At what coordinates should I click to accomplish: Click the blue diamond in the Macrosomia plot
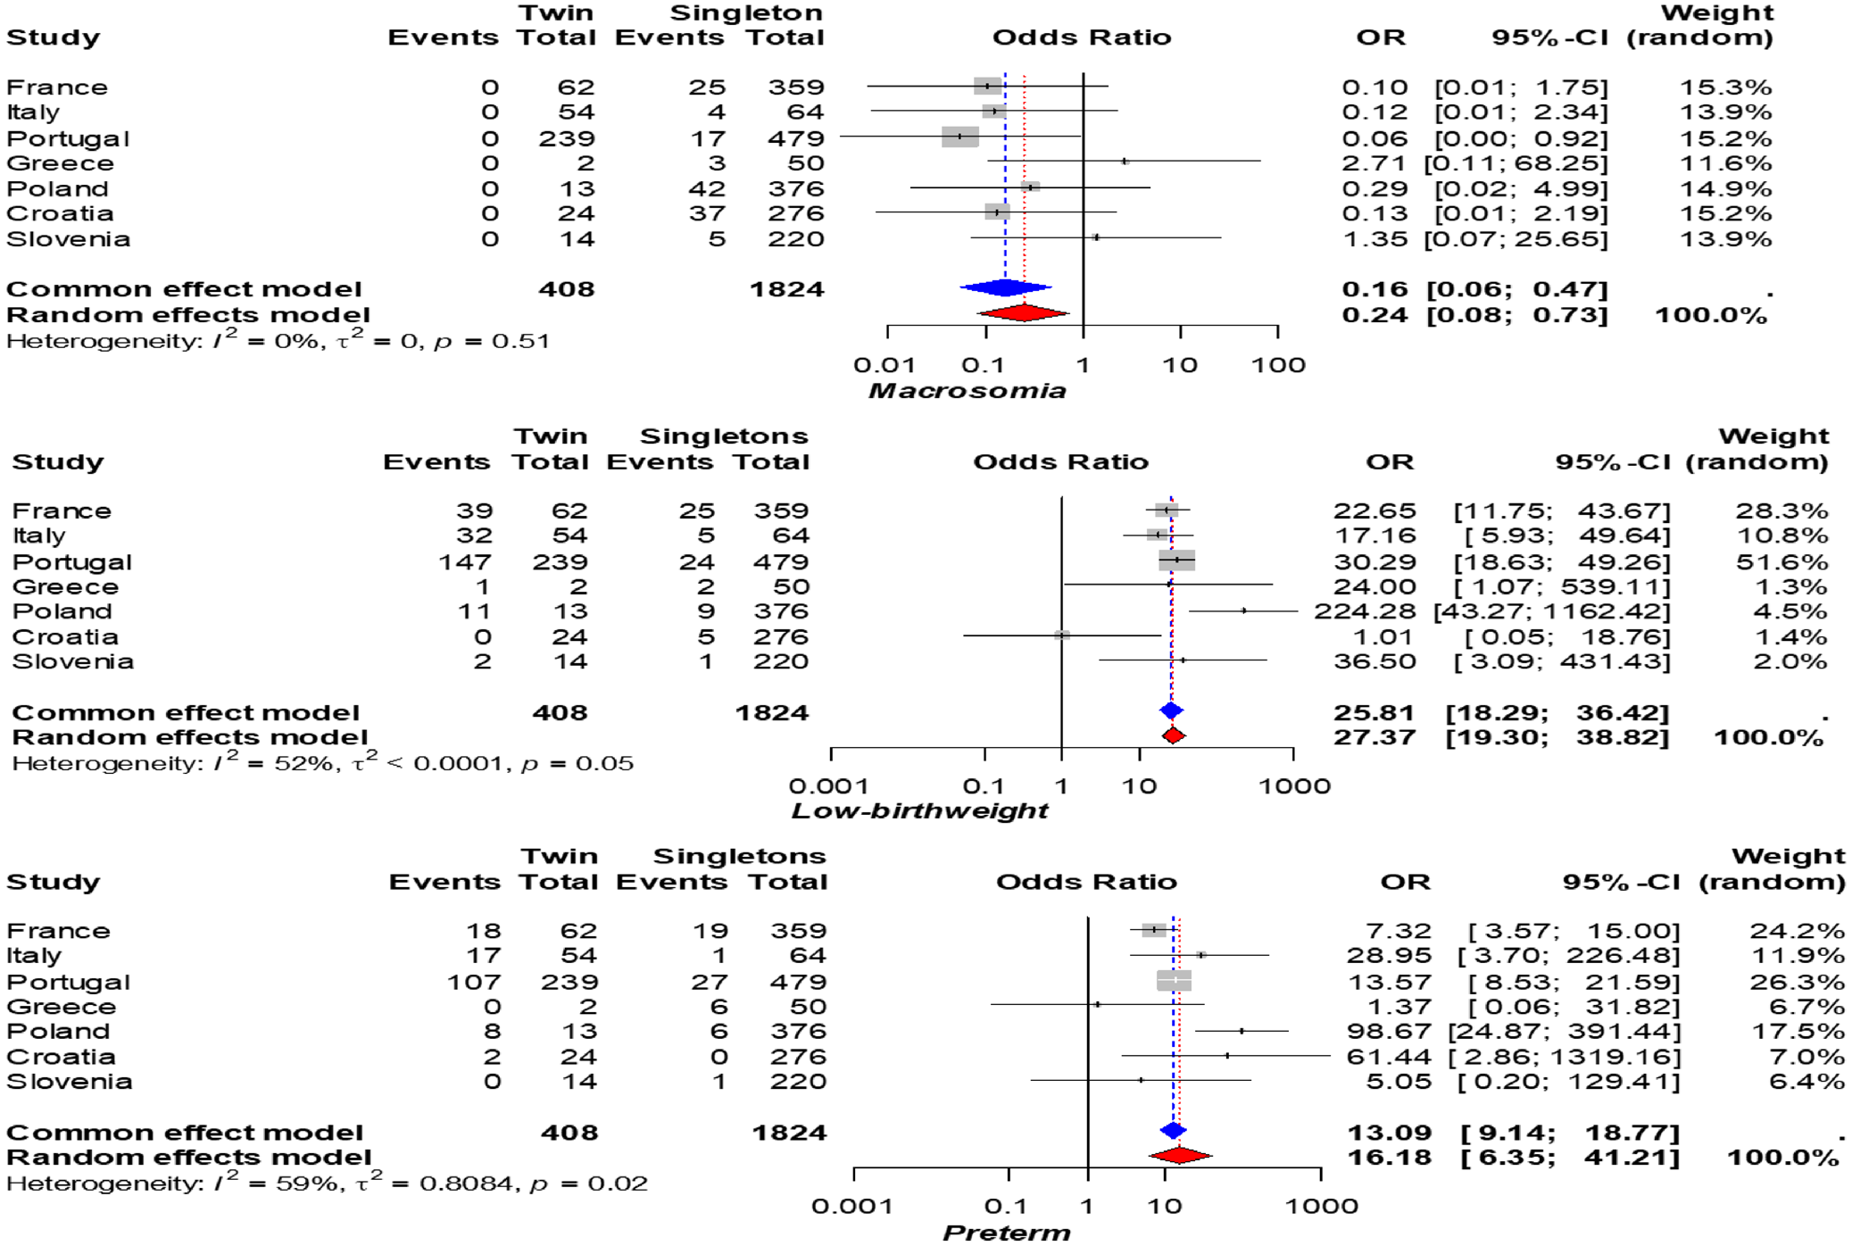click(1006, 287)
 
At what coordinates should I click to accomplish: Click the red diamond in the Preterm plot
click(1180, 1155)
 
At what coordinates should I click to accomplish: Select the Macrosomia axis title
click(968, 391)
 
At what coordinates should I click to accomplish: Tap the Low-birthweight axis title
click(919, 810)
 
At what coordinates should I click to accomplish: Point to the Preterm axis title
click(1006, 1233)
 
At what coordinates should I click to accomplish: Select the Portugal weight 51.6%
click(1781, 562)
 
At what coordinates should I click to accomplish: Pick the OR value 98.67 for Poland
click(1389, 1032)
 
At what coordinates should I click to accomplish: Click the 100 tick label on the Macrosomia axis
click(1278, 365)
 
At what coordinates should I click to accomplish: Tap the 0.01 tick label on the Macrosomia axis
click(884, 365)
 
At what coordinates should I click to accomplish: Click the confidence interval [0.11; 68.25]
click(1516, 163)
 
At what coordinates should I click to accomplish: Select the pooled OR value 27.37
click(1374, 737)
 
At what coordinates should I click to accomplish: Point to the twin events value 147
click(464, 562)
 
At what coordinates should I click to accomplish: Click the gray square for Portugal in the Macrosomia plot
click(960, 137)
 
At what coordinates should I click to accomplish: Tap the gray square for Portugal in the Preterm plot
click(1174, 981)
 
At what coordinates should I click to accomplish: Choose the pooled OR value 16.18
click(1389, 1158)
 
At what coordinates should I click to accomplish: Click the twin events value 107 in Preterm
click(473, 982)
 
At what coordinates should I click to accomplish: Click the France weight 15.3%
click(1725, 87)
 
